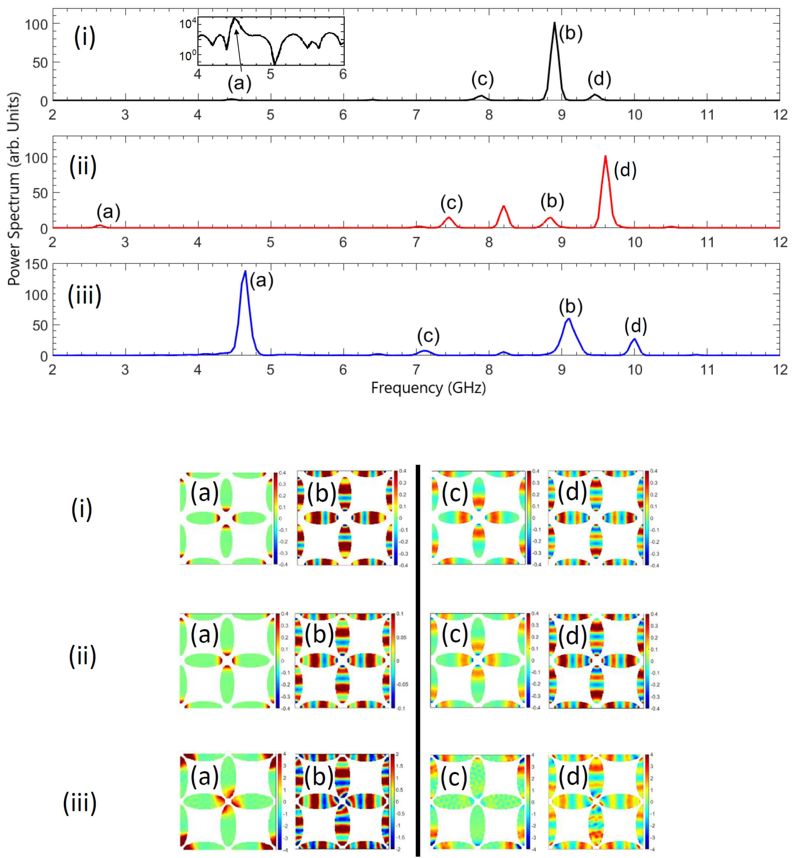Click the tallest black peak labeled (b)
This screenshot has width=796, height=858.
554,26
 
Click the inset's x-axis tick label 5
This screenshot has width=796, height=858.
270,74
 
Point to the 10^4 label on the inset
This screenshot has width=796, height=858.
188,23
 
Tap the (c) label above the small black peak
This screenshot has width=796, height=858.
482,79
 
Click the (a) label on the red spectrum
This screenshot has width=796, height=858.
108,212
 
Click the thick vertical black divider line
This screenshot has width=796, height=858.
417,659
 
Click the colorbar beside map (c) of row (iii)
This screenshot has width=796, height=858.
528,802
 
